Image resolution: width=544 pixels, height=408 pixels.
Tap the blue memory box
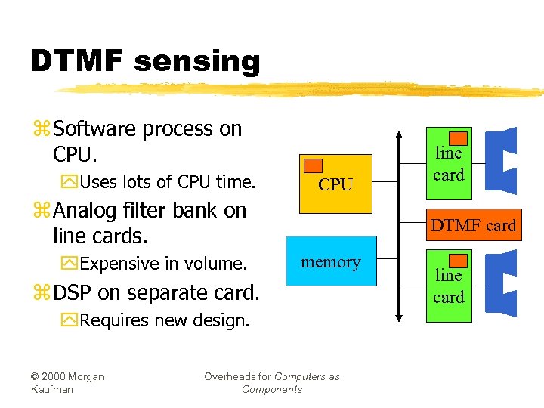[x=331, y=261]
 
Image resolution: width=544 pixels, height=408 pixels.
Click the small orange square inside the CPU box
[x=313, y=165]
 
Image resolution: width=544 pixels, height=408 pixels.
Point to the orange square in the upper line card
[x=458, y=138]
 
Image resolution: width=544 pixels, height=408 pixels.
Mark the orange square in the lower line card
[x=458, y=261]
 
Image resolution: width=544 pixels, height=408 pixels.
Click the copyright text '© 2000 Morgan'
[x=67, y=376]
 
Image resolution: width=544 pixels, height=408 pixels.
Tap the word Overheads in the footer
[x=237, y=376]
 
